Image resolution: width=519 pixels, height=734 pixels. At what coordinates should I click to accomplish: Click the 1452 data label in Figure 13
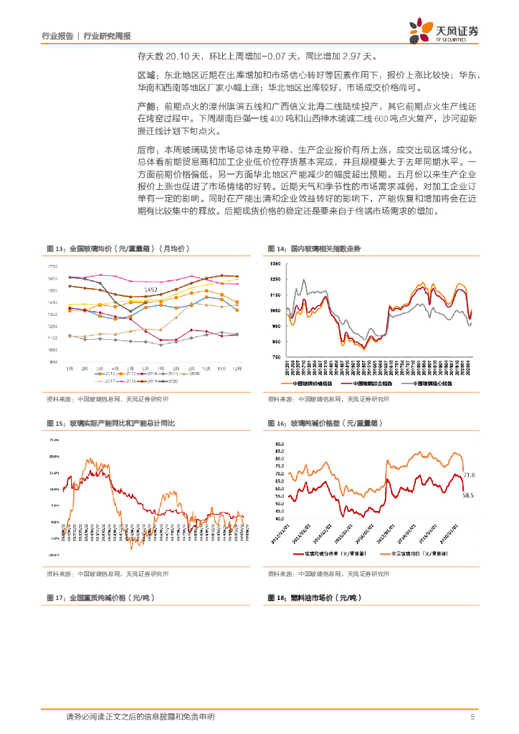pos(151,290)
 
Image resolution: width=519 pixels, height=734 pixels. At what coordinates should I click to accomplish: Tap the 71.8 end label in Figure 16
pos(470,475)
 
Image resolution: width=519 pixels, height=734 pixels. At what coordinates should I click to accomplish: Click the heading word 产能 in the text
pos(146,106)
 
